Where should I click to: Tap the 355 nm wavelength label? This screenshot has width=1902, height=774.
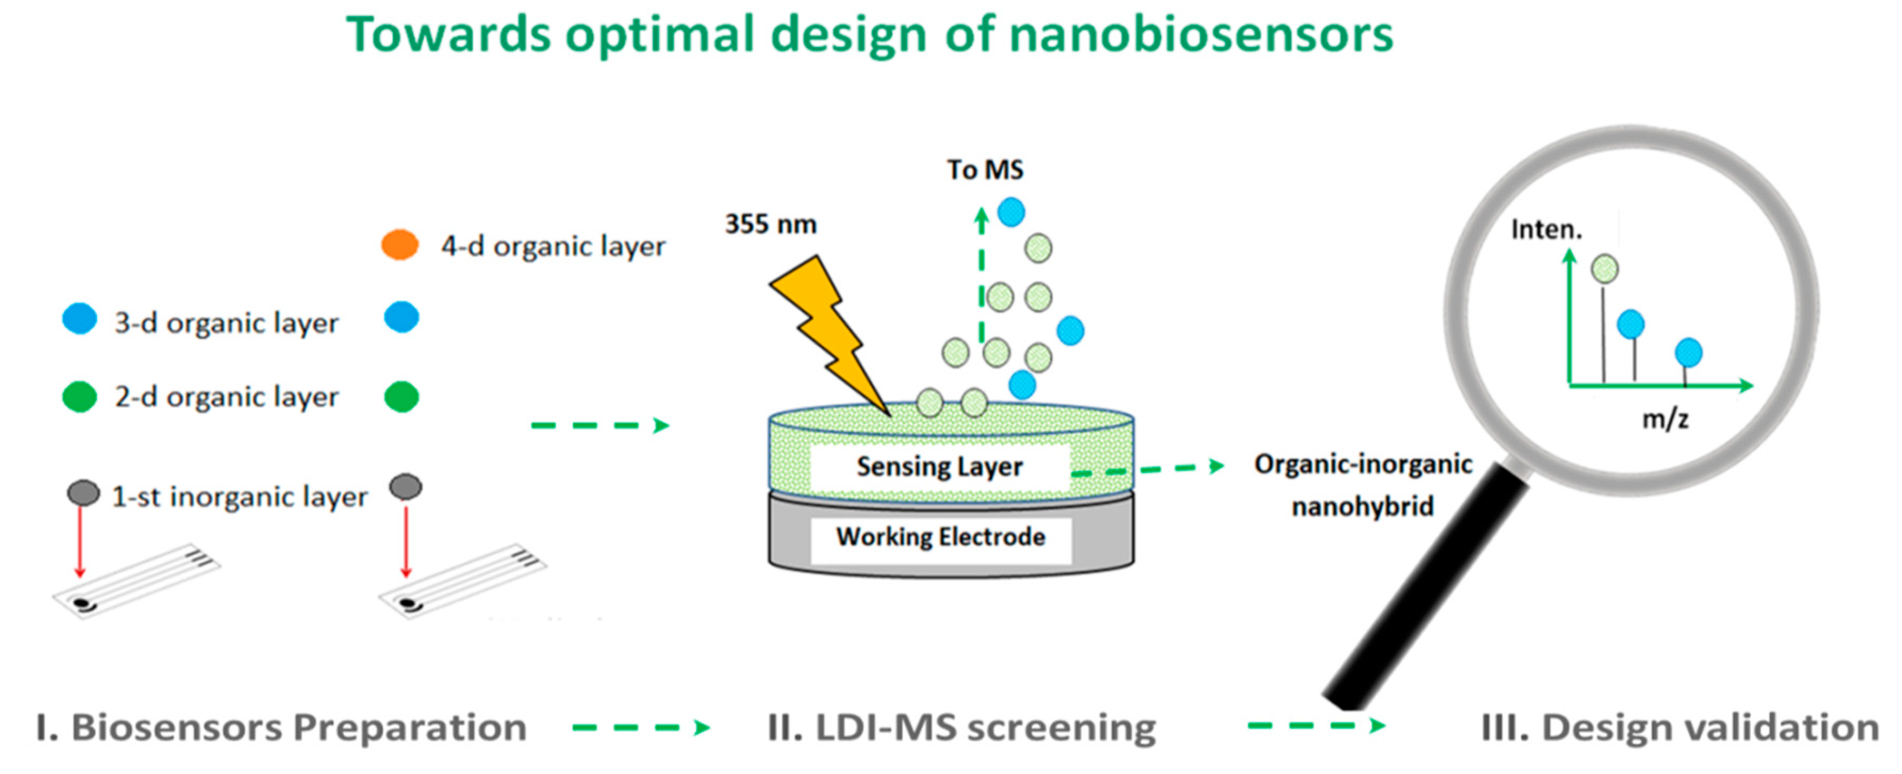point(771,224)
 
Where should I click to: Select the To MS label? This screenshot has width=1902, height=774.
point(985,170)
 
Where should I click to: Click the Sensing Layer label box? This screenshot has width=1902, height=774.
point(939,467)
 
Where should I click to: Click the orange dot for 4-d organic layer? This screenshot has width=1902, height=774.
point(399,245)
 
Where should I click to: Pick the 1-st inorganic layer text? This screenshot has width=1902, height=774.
point(239,496)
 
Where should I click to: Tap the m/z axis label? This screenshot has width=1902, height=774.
point(1665,419)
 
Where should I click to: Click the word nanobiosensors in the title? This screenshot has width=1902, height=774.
point(1200,35)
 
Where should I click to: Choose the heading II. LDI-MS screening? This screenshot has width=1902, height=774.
point(962,728)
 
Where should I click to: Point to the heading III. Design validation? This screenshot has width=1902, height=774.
point(1680,728)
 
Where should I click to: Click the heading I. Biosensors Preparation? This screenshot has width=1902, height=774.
point(281,728)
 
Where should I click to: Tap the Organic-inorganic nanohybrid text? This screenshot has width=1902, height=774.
point(1363,485)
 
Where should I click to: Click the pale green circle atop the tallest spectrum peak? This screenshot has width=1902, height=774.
point(1604,269)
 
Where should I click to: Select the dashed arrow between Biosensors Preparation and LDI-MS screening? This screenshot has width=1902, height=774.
point(641,728)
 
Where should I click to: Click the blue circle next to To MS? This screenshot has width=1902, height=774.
point(1011,212)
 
